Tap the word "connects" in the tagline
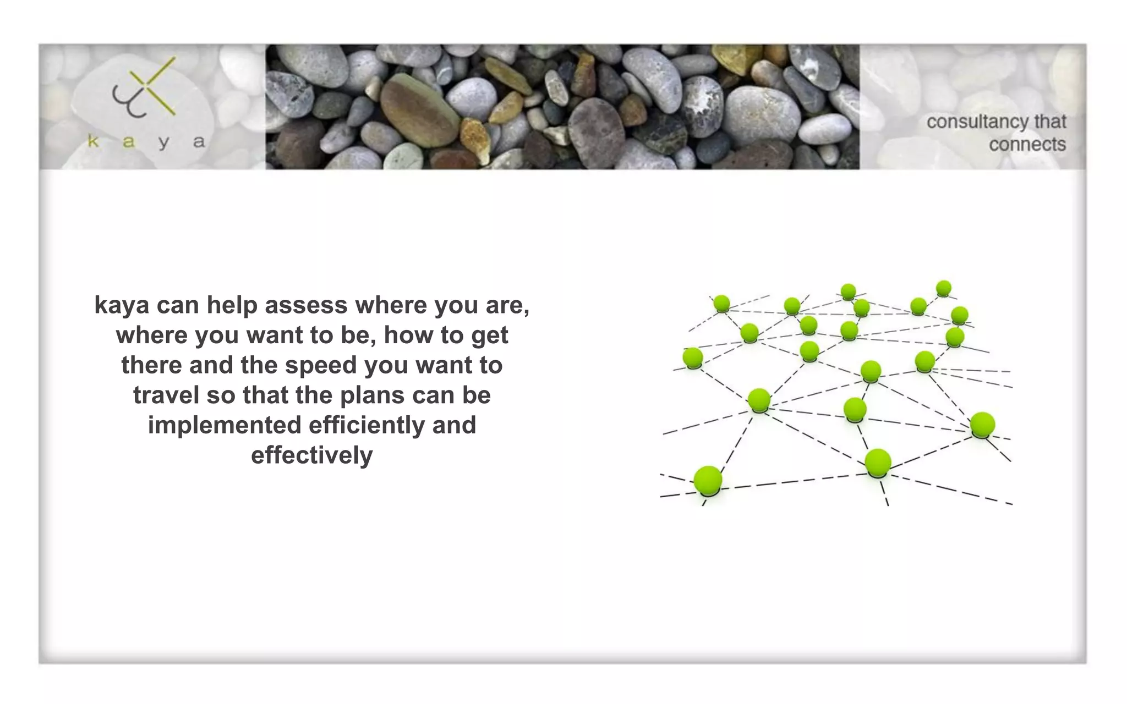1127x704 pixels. (x=1027, y=145)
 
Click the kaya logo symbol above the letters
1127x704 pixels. (x=144, y=88)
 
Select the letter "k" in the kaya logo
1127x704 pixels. (x=94, y=141)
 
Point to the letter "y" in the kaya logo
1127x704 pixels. (x=163, y=142)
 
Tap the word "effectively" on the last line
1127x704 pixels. (x=311, y=455)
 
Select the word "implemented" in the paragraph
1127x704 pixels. (x=225, y=425)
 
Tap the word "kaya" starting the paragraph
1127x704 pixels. (x=122, y=305)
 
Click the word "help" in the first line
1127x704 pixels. (x=232, y=305)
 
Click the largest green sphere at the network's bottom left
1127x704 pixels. (x=708, y=480)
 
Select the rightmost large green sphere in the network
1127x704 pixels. (x=982, y=425)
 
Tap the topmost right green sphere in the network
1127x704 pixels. (x=943, y=288)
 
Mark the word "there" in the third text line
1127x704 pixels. (x=151, y=365)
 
